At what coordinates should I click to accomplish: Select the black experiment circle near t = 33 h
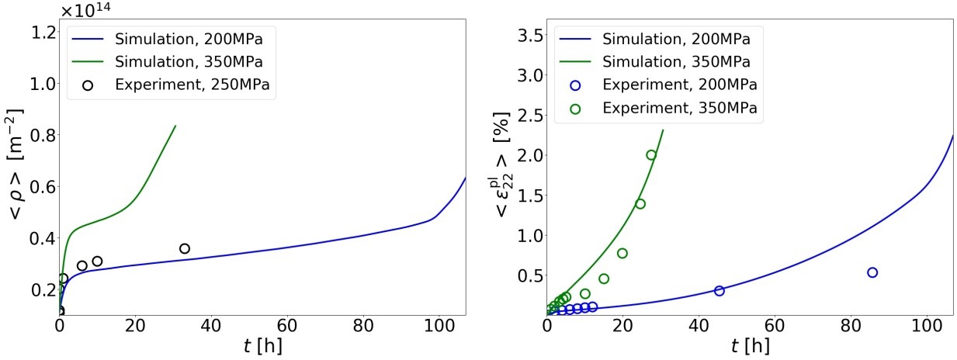[x=185, y=248]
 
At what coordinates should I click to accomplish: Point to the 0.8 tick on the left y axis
[x=41, y=135]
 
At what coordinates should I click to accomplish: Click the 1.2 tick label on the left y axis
[x=41, y=32]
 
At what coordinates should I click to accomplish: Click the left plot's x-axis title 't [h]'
[x=262, y=346]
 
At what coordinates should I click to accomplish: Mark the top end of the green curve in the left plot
[x=175, y=126]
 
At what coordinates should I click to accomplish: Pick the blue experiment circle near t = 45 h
[x=719, y=290]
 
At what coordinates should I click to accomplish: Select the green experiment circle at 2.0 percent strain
[x=651, y=155]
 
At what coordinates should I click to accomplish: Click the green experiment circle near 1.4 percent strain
[x=640, y=204]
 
